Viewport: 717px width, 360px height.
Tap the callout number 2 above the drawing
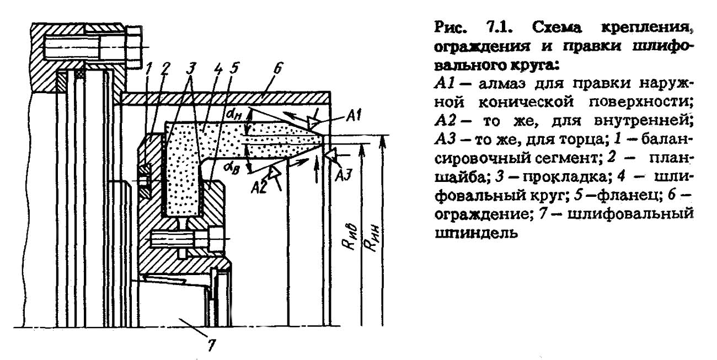[x=165, y=71]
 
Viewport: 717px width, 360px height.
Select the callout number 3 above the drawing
[x=191, y=70]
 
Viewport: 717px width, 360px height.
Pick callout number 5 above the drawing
[x=235, y=70]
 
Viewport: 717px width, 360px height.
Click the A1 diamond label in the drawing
[x=356, y=115]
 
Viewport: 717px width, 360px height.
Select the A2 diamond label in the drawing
[x=258, y=186]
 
